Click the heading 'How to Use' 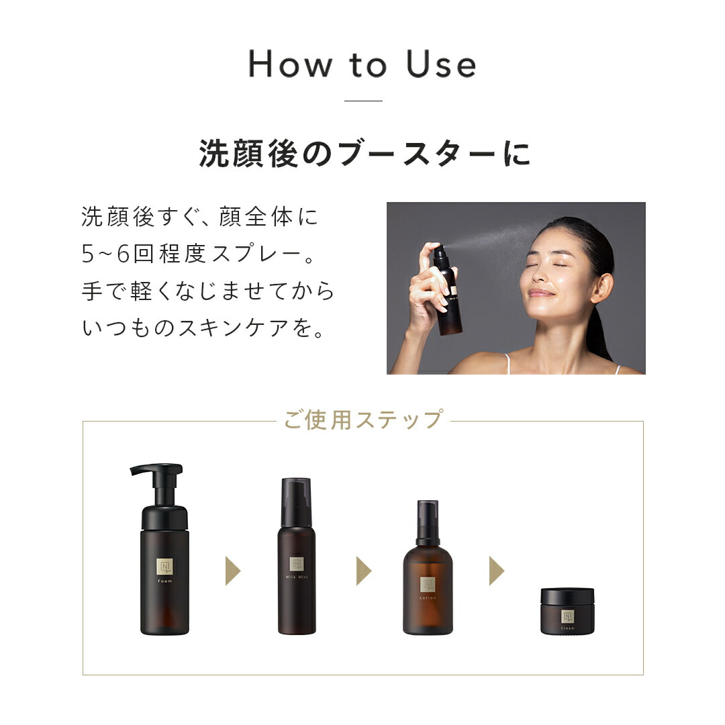[x=362, y=64]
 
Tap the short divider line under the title [x=362, y=101]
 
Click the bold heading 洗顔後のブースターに [x=365, y=154]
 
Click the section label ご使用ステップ [x=362, y=419]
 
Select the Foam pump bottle [x=164, y=571]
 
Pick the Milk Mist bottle [x=297, y=564]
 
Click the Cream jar [x=567, y=612]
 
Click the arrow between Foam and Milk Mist [x=232, y=571]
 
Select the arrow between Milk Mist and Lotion [x=363, y=571]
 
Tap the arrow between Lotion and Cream [x=496, y=571]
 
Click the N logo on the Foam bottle [x=164, y=566]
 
